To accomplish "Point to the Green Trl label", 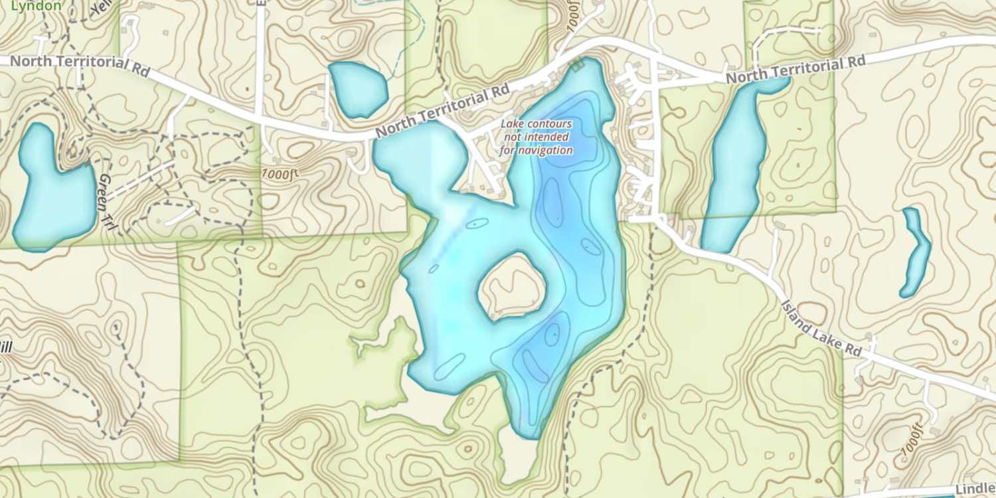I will (108, 203).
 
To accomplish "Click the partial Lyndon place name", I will (38, 6).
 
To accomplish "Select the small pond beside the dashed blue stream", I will (357, 89).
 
